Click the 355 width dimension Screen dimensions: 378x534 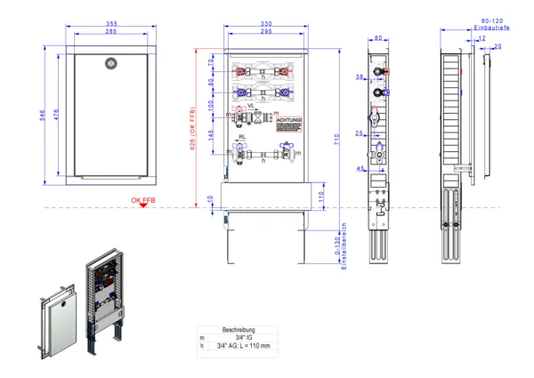(x=111, y=23)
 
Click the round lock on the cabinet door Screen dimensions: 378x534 (x=111, y=63)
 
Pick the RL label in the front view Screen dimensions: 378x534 (x=243, y=136)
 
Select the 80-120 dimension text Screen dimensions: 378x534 (x=492, y=20)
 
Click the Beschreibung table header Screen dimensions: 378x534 (x=239, y=329)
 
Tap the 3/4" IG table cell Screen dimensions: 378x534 (x=239, y=337)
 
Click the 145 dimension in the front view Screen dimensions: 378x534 (x=211, y=134)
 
